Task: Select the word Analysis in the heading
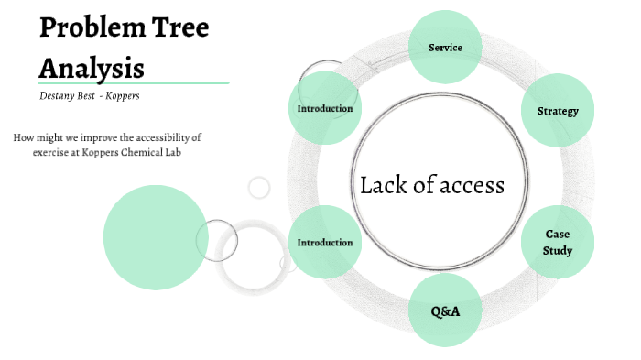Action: (x=91, y=67)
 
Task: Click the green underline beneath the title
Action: (x=133, y=82)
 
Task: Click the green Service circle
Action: (x=445, y=47)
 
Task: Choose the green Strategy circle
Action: (x=558, y=111)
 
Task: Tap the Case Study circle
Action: (x=558, y=242)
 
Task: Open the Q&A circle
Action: (x=445, y=311)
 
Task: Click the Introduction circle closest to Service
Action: (x=325, y=109)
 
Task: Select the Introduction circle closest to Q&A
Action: (x=325, y=243)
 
